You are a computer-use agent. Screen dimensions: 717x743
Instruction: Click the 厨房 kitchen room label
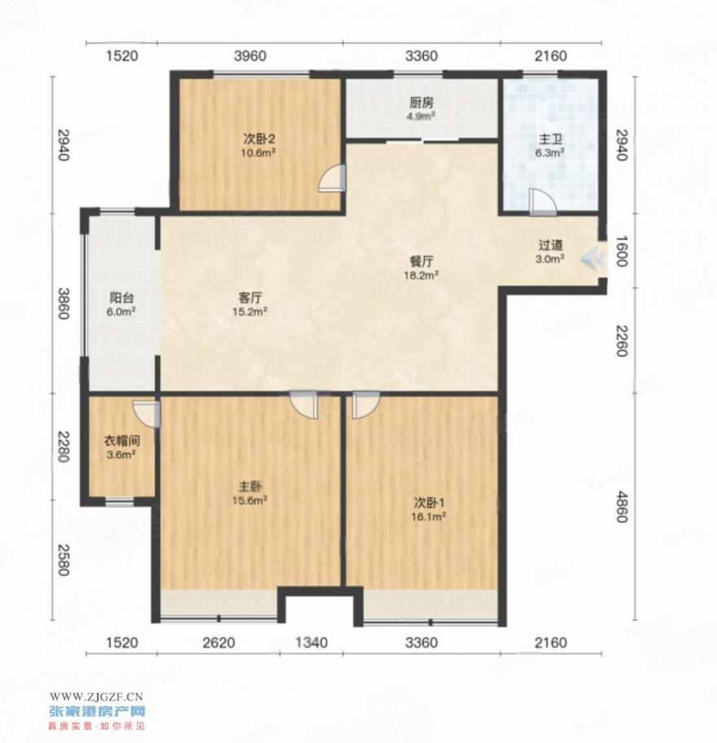point(421,103)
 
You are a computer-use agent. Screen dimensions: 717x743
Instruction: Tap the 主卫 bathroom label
point(550,140)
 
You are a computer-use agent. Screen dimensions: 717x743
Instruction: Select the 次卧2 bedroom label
point(259,138)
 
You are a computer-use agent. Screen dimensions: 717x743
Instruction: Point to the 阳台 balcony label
point(121,298)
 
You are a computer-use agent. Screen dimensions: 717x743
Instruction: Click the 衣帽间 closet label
point(122,442)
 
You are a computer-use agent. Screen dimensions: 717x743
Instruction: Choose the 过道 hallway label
point(550,245)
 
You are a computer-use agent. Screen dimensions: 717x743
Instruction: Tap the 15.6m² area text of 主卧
point(249,500)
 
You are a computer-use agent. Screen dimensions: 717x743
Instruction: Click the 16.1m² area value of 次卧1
point(428,517)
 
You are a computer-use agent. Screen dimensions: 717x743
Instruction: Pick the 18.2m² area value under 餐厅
point(420,275)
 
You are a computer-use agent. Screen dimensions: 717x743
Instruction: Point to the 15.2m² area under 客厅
point(250,311)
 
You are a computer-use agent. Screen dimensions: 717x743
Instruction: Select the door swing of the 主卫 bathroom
point(542,202)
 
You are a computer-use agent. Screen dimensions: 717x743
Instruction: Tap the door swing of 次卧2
point(332,178)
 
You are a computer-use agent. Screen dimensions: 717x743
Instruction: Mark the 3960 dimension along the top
point(250,56)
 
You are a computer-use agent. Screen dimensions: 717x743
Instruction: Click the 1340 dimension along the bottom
point(311,643)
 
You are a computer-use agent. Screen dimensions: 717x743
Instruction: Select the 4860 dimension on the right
point(622,507)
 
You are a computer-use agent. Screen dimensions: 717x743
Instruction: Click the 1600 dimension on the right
point(622,252)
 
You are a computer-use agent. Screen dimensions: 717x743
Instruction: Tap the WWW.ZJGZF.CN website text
point(96,697)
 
